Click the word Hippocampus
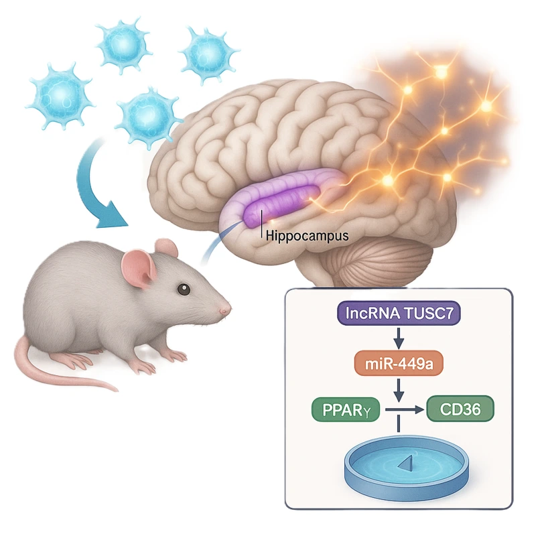point(297,235)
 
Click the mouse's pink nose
point(226,308)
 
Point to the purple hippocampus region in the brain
point(281,201)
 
